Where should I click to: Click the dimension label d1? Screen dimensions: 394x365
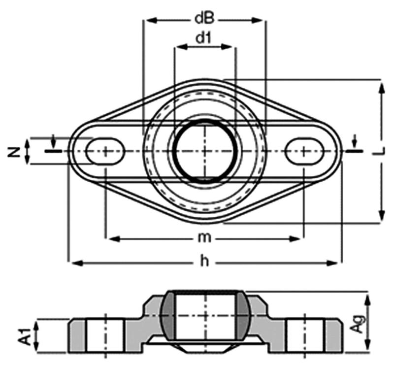point(203,38)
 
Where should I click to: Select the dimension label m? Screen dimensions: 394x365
point(204,238)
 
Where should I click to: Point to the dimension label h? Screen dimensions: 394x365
point(205,261)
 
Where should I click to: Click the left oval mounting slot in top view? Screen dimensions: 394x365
point(105,151)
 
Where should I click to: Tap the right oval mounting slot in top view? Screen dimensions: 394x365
point(304,151)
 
